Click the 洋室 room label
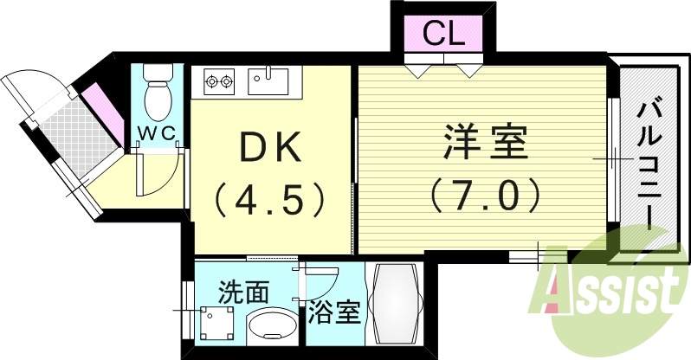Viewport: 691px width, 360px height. tap(486, 143)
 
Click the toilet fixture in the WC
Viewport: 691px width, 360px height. tap(158, 97)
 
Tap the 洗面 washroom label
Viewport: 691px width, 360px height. tap(243, 291)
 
